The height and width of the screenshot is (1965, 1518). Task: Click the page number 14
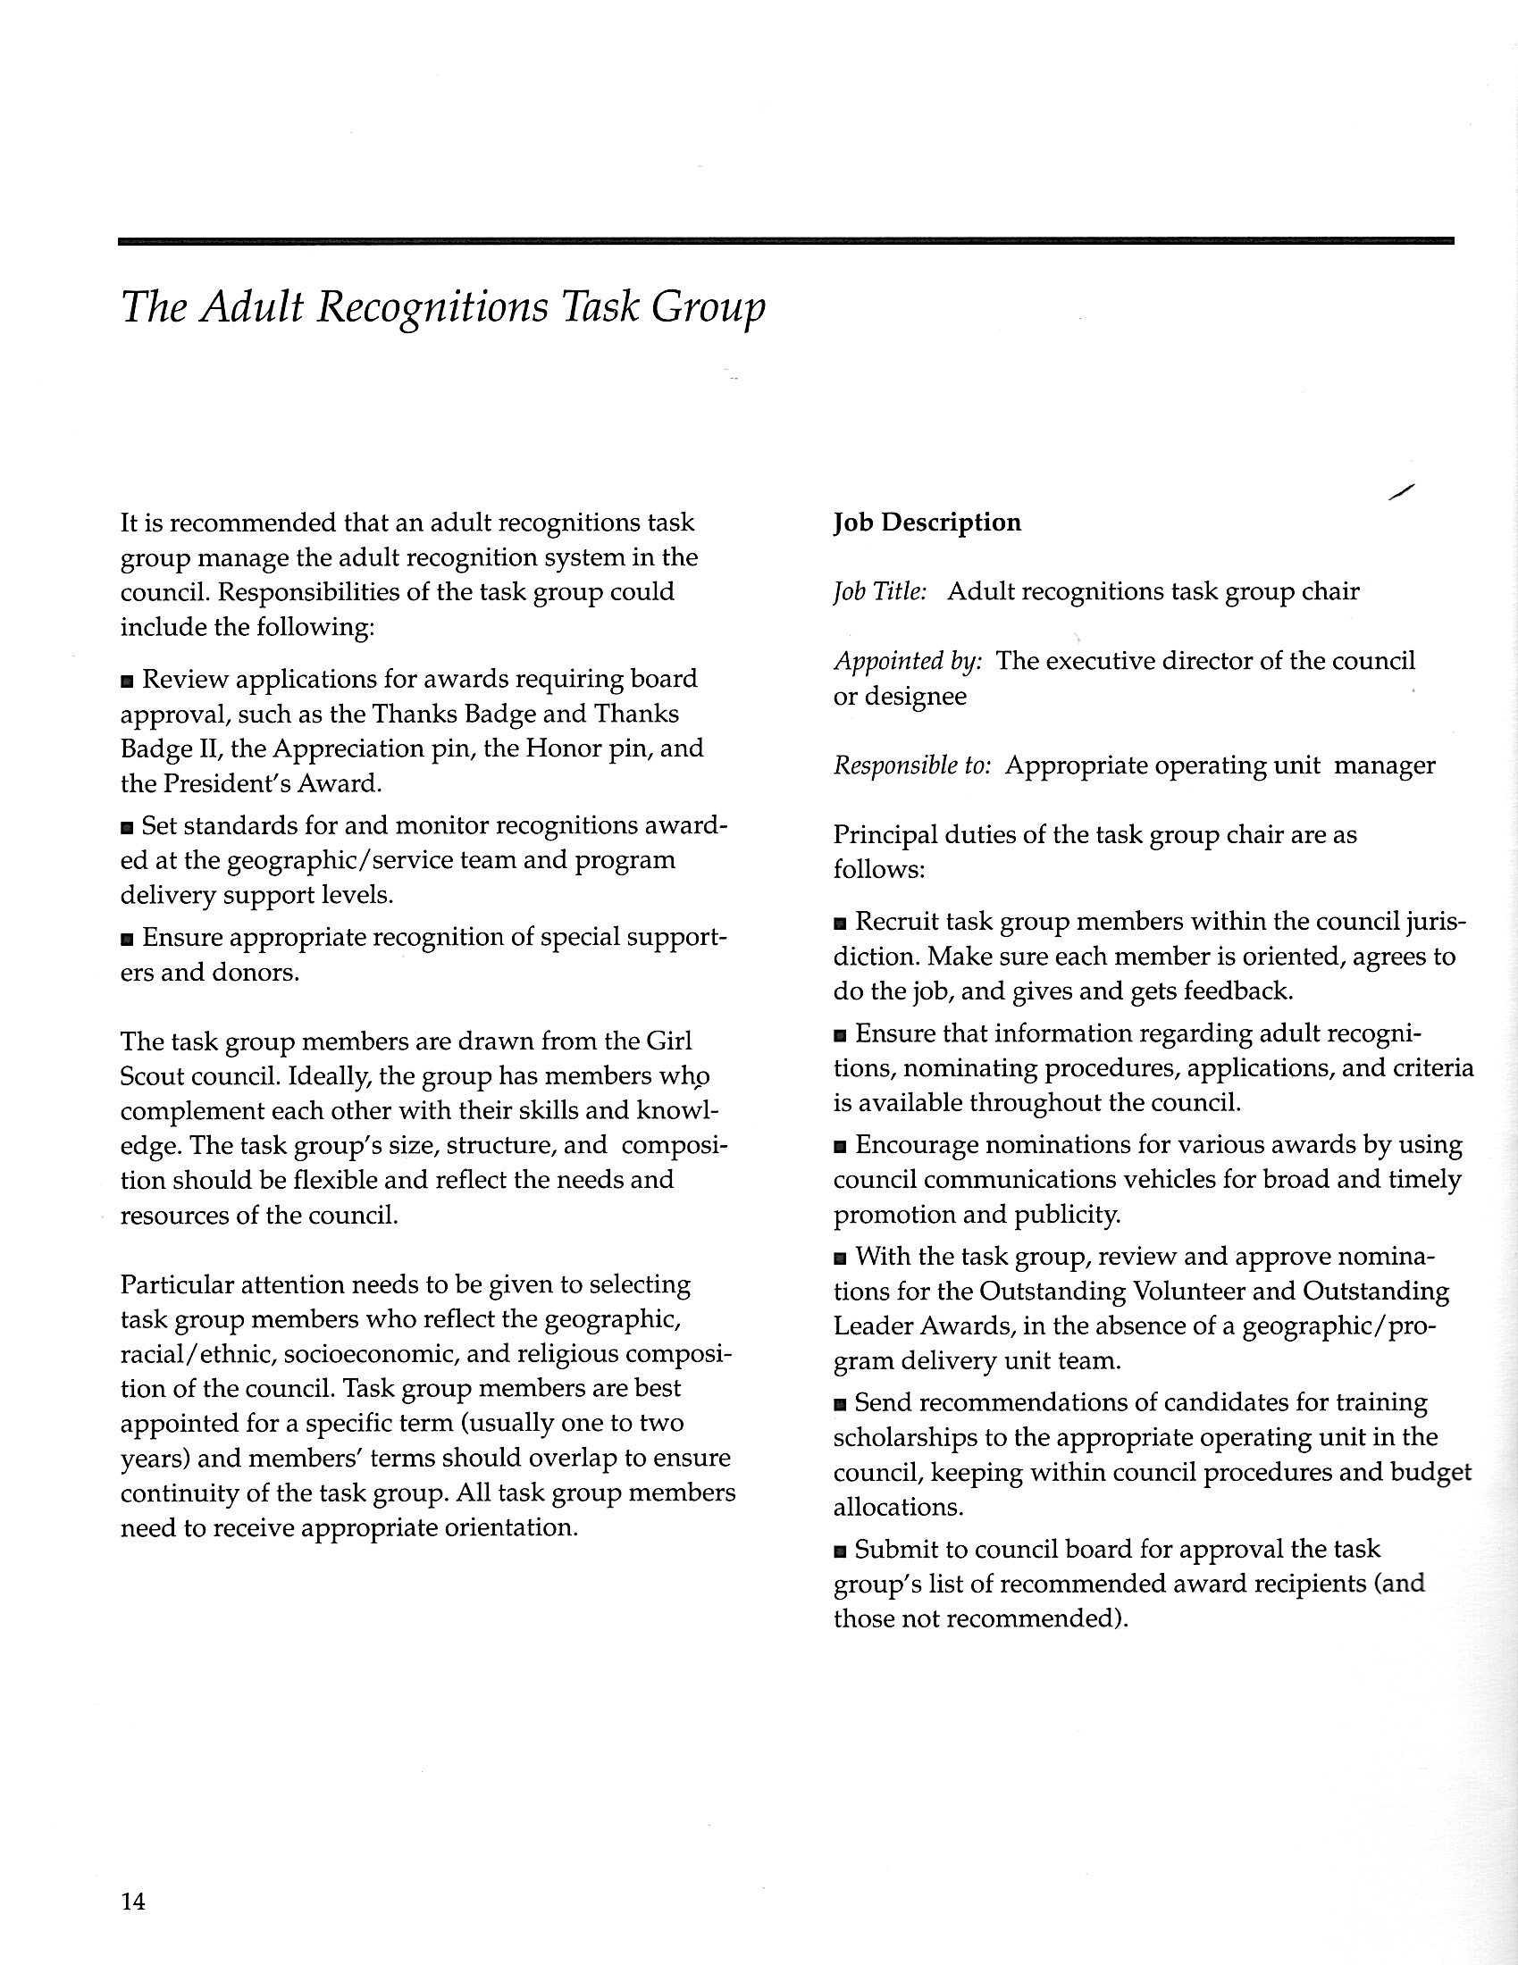(x=132, y=1901)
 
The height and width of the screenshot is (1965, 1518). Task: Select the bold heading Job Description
(x=927, y=523)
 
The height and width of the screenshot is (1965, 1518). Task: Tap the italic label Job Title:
(x=879, y=592)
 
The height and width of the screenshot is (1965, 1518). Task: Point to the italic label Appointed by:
(x=907, y=661)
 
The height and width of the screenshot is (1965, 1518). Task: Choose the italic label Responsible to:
(x=911, y=765)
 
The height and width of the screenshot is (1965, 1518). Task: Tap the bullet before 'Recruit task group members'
(x=840, y=924)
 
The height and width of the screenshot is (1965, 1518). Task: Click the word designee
(x=915, y=698)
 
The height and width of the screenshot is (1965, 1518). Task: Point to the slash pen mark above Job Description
(x=1401, y=491)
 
